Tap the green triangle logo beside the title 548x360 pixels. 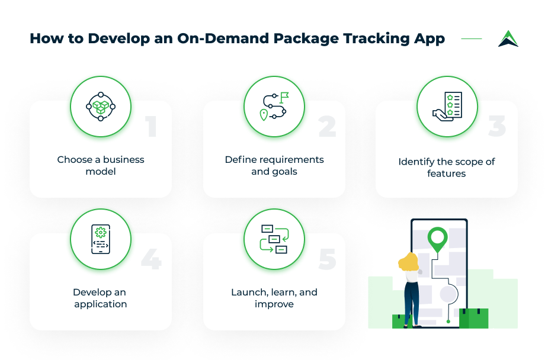(508, 38)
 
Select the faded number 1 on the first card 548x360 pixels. (151, 126)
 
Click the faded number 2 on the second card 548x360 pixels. (327, 126)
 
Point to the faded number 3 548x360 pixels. (497, 126)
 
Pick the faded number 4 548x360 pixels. (151, 259)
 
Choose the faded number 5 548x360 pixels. (328, 259)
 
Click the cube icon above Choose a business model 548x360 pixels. (101, 107)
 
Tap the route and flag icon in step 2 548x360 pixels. (274, 107)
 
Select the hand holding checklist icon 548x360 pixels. (447, 107)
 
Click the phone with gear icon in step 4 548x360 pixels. (101, 239)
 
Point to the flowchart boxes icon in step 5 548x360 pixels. (274, 239)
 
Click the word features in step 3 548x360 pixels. (446, 173)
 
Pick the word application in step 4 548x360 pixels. (100, 304)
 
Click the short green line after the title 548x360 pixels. (472, 38)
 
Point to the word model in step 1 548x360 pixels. (101, 172)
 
